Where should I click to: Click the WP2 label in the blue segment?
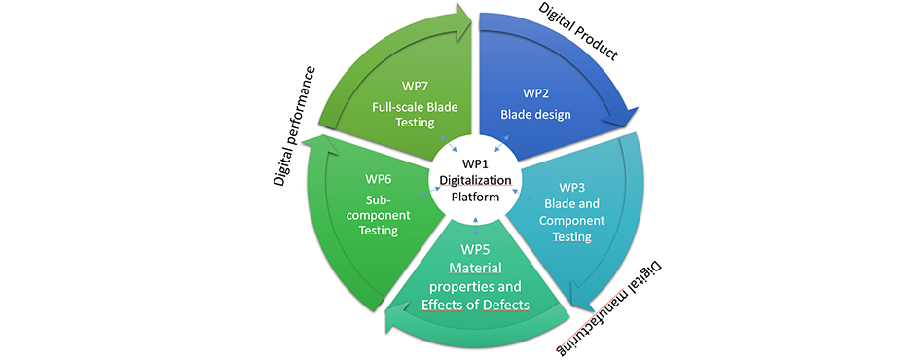tap(536, 93)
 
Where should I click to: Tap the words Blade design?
tap(536, 115)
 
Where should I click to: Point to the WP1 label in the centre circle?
tap(475, 164)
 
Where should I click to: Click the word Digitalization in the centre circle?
tap(475, 180)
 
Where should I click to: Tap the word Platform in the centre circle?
tap(475, 197)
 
